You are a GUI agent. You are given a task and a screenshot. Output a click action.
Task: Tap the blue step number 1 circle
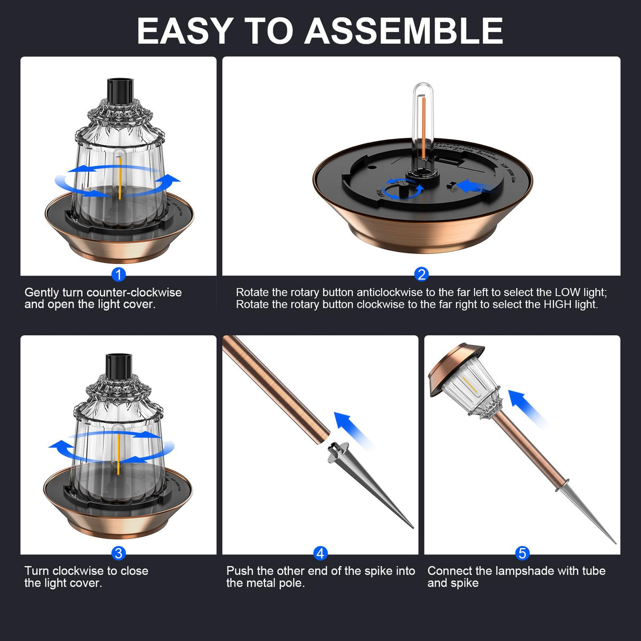point(119,275)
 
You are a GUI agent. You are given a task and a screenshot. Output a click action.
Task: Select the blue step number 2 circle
point(421,274)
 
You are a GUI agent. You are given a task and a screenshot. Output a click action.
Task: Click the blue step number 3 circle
point(118,553)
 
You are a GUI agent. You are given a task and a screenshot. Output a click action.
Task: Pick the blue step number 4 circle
point(320,553)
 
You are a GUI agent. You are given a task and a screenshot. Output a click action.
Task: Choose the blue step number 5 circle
point(522,553)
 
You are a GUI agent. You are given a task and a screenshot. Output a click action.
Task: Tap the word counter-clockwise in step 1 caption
point(134,293)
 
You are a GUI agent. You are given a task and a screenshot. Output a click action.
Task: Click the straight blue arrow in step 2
point(472,186)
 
